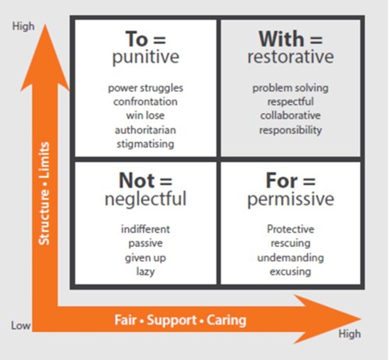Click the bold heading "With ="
(x=290, y=39)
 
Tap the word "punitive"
(x=146, y=57)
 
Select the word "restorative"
(x=291, y=57)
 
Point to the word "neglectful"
(x=146, y=198)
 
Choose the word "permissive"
(x=291, y=199)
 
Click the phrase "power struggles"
(x=146, y=88)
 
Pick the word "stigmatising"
(x=146, y=144)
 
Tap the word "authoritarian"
(x=146, y=130)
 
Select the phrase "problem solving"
(x=291, y=88)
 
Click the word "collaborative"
(x=291, y=116)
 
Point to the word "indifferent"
(x=146, y=229)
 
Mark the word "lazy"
(x=146, y=271)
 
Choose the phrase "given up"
(x=146, y=258)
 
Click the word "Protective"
(x=291, y=229)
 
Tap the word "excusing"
(x=291, y=271)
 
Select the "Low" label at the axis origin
(x=21, y=325)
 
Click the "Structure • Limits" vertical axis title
(x=44, y=193)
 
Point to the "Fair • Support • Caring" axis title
(x=180, y=320)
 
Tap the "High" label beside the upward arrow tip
(x=24, y=26)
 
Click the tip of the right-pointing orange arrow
(x=361, y=319)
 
